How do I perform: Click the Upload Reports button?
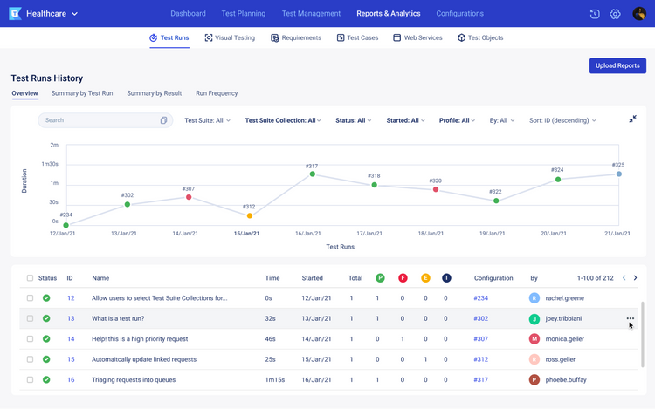click(617, 65)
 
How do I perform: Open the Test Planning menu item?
click(244, 14)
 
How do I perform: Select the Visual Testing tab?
click(230, 38)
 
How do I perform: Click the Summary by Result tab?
click(154, 93)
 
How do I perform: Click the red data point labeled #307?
click(189, 198)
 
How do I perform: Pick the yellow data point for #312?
click(250, 215)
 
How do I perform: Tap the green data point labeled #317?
click(312, 174)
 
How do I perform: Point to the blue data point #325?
click(619, 174)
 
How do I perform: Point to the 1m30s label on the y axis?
click(49, 164)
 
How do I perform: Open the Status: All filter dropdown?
click(353, 120)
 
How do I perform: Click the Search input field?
click(99, 120)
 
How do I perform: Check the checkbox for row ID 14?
click(30, 339)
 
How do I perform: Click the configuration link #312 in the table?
click(480, 359)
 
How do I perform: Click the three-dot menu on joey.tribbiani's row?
click(631, 318)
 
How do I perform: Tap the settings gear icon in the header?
click(615, 14)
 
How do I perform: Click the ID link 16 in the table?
click(71, 380)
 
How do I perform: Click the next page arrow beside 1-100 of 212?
click(635, 278)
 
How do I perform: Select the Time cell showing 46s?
click(272, 339)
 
